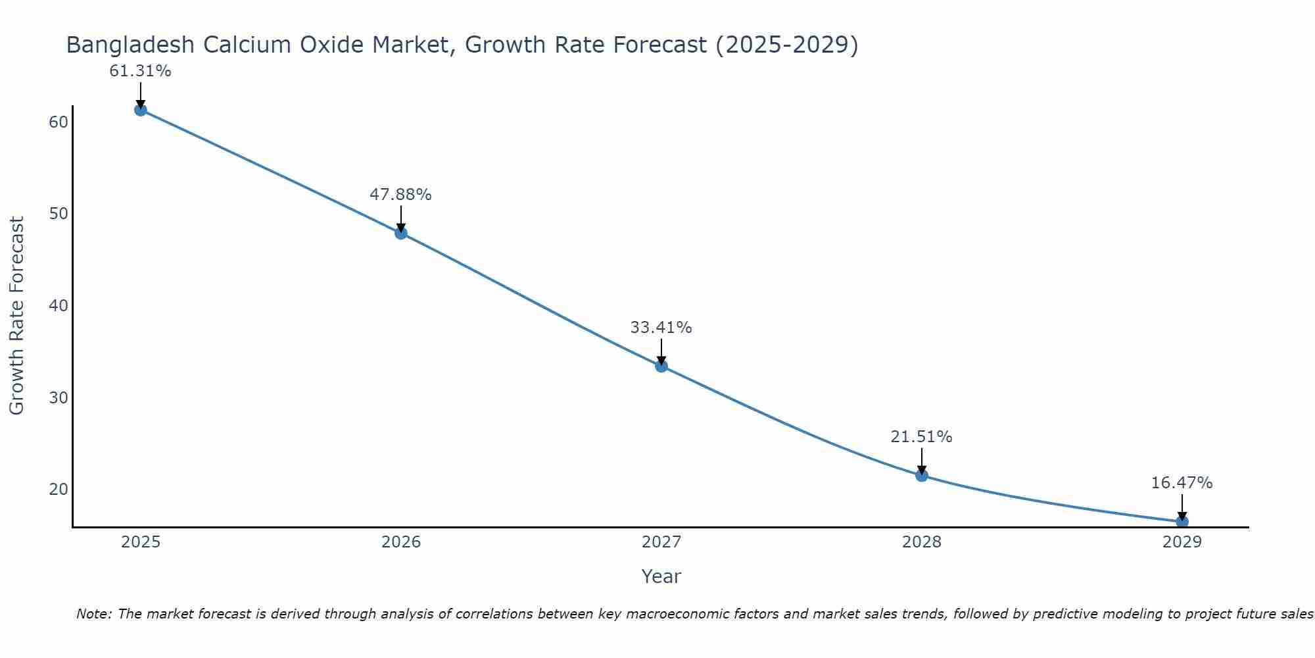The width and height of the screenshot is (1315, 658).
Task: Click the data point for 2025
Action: (x=140, y=110)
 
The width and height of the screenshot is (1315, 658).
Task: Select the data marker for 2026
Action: (x=401, y=233)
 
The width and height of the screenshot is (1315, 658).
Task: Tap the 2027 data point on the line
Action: (x=661, y=366)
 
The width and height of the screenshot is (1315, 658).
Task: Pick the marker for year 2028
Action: (x=922, y=475)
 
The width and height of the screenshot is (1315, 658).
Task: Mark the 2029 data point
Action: (x=1182, y=522)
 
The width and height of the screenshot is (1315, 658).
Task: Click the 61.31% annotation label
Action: (x=140, y=71)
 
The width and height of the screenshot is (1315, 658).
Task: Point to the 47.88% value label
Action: (x=400, y=195)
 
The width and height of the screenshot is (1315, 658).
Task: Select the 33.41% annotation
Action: (x=661, y=328)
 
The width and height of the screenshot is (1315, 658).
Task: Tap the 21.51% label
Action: (x=921, y=437)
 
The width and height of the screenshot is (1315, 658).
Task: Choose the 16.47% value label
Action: (x=1182, y=483)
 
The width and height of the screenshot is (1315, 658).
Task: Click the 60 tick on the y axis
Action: (x=59, y=122)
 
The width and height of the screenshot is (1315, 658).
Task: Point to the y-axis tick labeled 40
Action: (x=59, y=306)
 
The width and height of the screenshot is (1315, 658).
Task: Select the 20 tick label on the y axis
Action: (x=59, y=490)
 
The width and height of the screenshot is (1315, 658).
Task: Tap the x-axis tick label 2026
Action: (x=401, y=542)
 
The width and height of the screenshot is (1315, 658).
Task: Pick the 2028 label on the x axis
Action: (x=922, y=542)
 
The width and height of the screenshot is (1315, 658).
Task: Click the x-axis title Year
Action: (x=661, y=576)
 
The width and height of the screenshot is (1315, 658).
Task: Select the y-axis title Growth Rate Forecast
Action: (x=16, y=316)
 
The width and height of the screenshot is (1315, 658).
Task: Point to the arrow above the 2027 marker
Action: (x=661, y=350)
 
